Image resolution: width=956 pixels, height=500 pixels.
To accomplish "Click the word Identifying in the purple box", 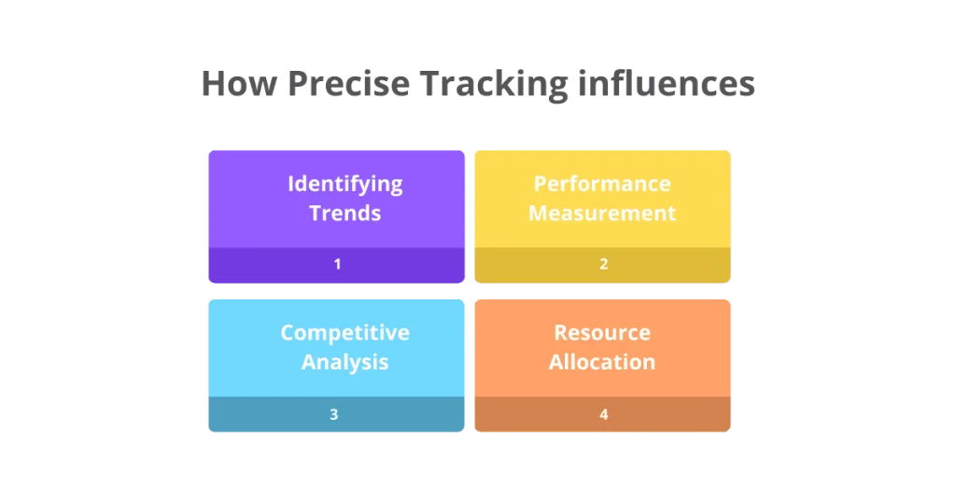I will [344, 184].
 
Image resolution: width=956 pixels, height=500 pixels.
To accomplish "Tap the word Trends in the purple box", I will [344, 213].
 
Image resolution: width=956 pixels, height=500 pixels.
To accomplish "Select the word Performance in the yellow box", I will [602, 184].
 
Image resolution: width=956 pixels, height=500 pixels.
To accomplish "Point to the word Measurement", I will [602, 213].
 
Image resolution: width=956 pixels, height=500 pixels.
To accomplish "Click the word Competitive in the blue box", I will [344, 333].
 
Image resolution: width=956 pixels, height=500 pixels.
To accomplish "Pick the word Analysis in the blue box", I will [344, 362].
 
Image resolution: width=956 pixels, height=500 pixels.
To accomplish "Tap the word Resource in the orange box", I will [602, 333].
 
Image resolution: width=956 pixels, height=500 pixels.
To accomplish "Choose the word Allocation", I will [602, 362].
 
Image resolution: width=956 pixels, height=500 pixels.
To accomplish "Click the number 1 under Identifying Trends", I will [337, 264].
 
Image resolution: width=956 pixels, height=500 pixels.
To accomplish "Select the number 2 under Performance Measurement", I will [603, 264].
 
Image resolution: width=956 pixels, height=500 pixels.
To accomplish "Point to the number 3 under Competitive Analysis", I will [334, 414].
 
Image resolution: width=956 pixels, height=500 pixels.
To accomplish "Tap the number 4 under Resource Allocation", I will [603, 414].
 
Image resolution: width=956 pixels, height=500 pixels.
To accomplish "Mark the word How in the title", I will [238, 85].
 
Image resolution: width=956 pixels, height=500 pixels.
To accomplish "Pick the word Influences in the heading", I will [667, 85].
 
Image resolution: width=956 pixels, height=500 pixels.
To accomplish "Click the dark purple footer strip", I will [280, 265].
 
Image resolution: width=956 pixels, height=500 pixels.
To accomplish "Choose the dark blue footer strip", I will [271, 415].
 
